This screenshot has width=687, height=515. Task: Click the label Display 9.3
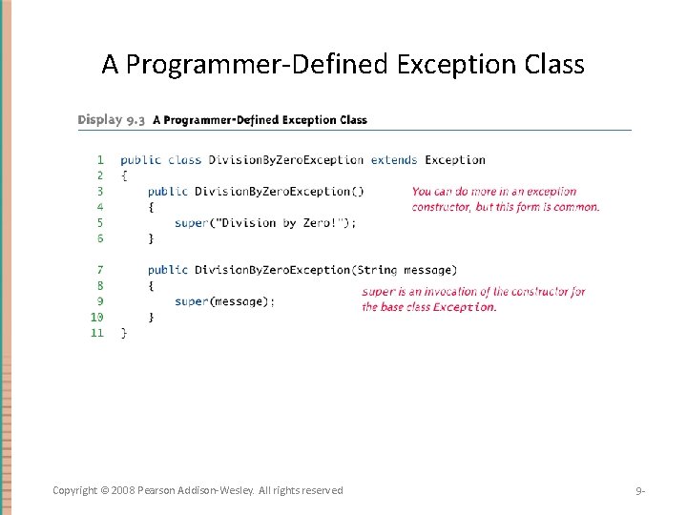coord(113,120)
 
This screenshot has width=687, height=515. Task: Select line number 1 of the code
coord(99,160)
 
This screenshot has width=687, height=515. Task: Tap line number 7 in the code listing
coord(99,270)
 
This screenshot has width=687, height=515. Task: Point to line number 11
coord(96,333)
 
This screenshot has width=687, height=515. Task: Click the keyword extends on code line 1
coord(393,160)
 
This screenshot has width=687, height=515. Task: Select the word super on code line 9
coord(191,301)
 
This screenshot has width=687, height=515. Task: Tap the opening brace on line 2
coord(124,175)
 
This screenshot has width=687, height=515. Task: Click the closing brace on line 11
coord(124,333)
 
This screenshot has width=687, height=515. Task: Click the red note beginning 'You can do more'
coord(506,198)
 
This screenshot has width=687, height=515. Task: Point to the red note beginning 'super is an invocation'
coord(473,299)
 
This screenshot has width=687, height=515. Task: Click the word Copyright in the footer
coord(75,490)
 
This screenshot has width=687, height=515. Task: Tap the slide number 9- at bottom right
coord(641,491)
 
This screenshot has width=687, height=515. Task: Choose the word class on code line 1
coord(184,160)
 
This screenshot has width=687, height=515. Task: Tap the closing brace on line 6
coord(151,238)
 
